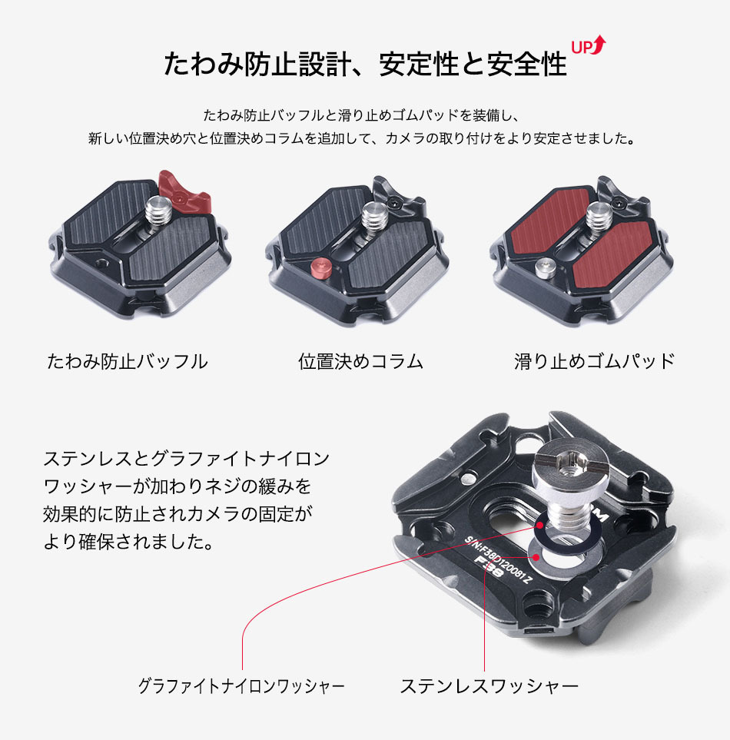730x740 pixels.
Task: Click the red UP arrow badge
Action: [x=589, y=45]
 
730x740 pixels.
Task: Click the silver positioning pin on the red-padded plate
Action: [x=545, y=268]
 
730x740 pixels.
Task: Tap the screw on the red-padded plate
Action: [x=599, y=217]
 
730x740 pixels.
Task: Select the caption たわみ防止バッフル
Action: [x=128, y=361]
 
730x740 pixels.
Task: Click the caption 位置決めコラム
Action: [x=361, y=361]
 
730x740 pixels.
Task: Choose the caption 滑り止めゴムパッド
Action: [x=595, y=361]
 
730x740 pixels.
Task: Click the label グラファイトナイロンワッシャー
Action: [x=241, y=685]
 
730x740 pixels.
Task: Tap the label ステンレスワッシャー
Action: [x=489, y=685]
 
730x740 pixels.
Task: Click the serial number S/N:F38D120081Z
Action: [x=499, y=560]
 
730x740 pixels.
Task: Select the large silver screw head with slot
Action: [x=571, y=466]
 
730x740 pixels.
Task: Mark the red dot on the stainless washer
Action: [x=536, y=557]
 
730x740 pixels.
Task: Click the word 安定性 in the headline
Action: [x=419, y=65]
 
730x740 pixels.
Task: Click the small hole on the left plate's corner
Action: [x=101, y=264]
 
